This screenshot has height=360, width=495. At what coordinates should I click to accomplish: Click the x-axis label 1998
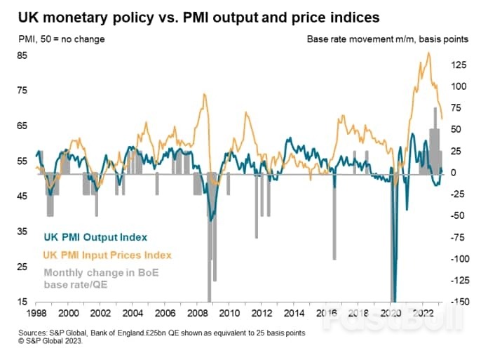click(36, 314)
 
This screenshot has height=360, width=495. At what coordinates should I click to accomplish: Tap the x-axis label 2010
click(229, 314)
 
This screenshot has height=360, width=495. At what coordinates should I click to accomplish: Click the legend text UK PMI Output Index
click(95, 237)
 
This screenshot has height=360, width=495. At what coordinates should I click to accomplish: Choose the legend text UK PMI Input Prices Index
click(107, 255)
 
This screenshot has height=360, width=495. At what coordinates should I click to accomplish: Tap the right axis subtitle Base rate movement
click(388, 38)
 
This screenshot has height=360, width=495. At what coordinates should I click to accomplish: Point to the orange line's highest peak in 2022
click(429, 53)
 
